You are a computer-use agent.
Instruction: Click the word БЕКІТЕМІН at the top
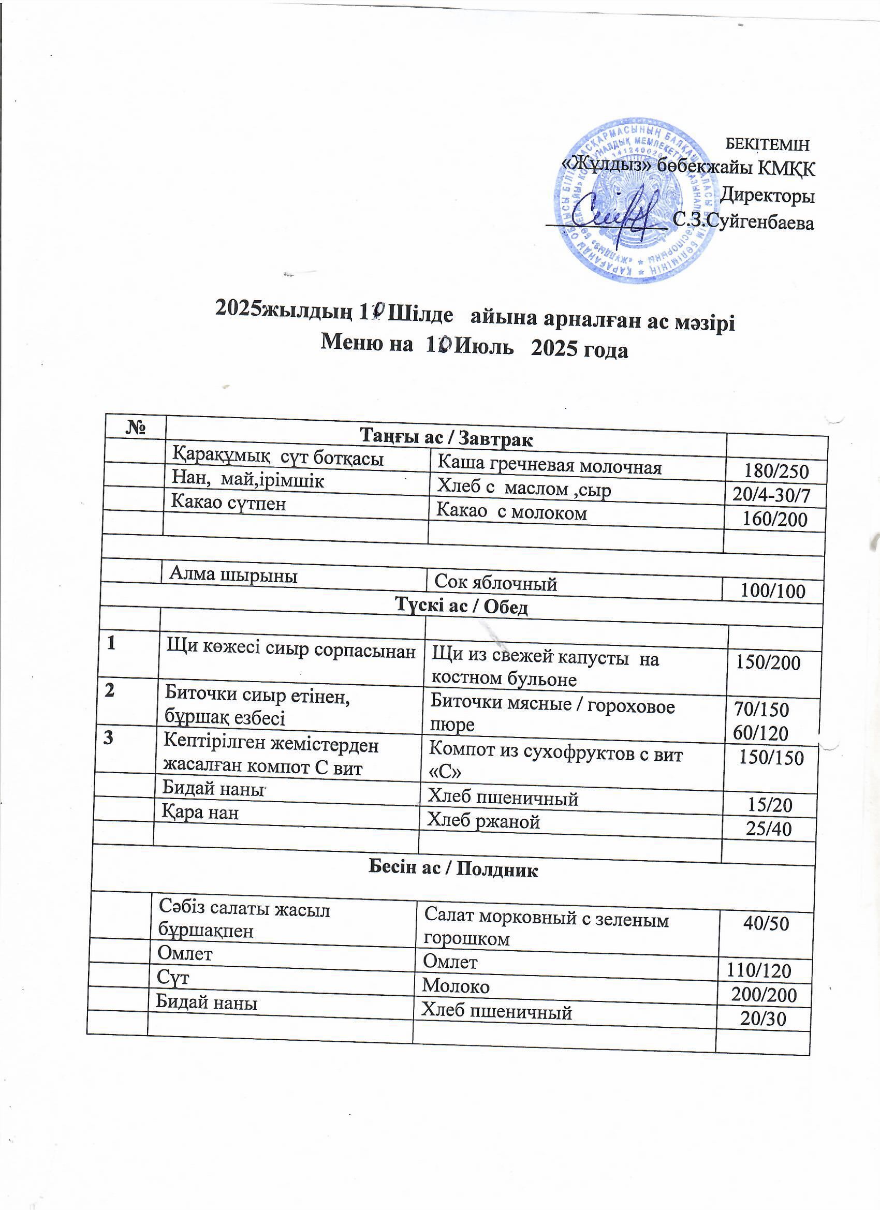click(768, 144)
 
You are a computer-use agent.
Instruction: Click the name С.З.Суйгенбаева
click(744, 221)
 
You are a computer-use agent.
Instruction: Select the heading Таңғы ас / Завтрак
click(447, 438)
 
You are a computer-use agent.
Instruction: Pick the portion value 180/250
click(777, 471)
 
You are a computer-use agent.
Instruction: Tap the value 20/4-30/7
click(771, 496)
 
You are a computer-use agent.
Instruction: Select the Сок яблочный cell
click(496, 583)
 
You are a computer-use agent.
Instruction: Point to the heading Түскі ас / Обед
click(461, 607)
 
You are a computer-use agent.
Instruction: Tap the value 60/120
click(760, 733)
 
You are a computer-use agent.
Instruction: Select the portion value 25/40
click(769, 829)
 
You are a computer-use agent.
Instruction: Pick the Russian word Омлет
click(450, 961)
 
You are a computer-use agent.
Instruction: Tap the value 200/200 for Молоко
click(764, 995)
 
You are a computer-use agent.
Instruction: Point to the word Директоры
click(767, 196)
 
